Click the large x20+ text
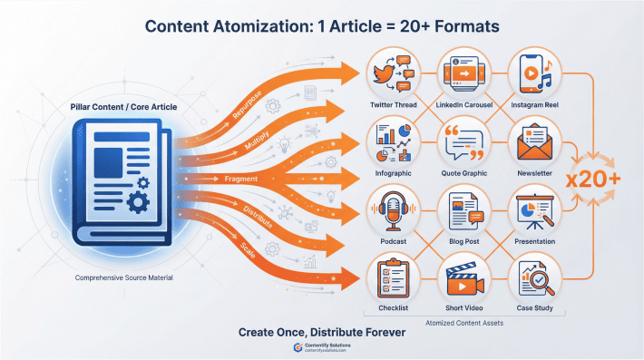[594, 179]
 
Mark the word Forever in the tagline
[379, 332]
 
